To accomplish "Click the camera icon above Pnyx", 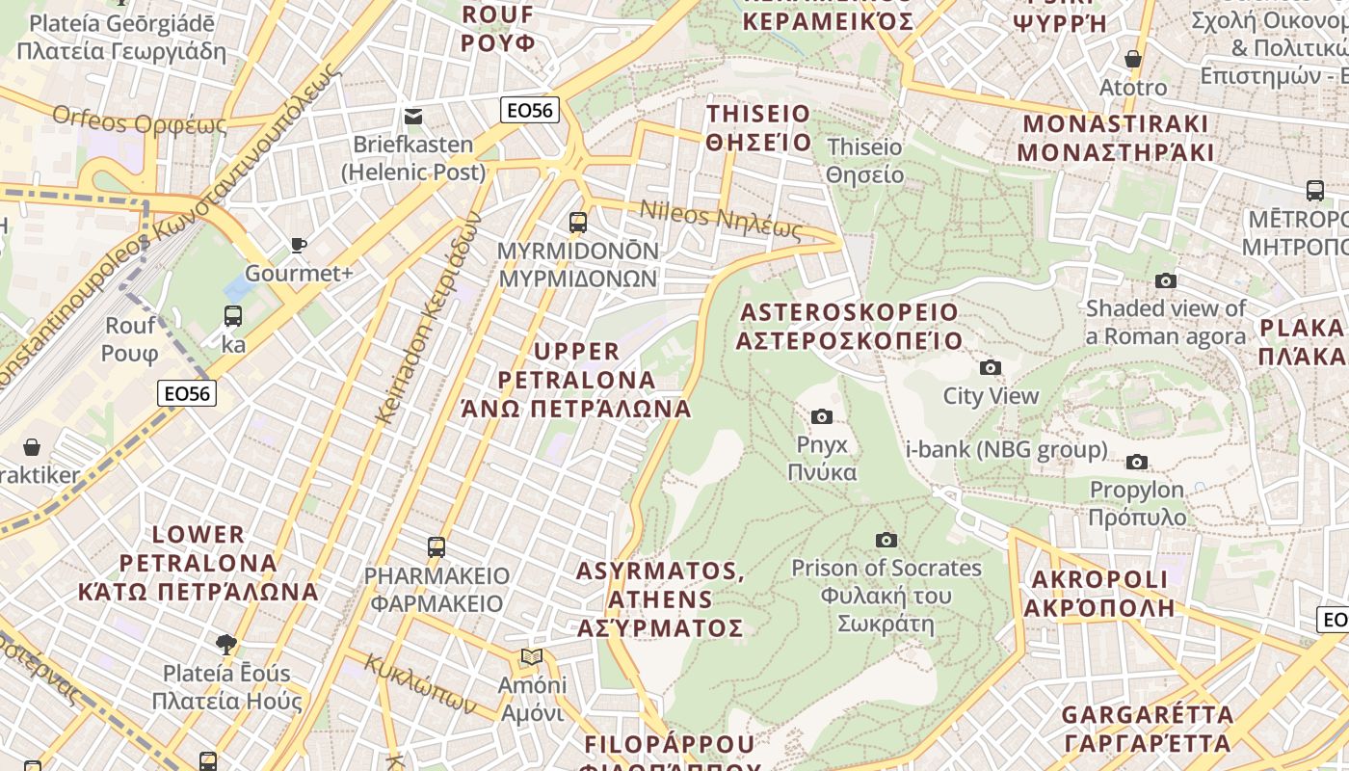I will point(822,416).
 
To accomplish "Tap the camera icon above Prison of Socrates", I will point(886,540).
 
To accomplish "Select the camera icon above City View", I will point(990,367).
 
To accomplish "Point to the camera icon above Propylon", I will point(1137,462).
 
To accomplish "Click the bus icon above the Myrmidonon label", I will point(578,223).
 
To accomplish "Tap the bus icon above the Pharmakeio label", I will point(436,547).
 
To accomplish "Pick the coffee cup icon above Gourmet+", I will point(299,245).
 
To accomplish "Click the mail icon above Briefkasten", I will point(413,117).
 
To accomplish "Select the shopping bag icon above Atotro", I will point(1133,59).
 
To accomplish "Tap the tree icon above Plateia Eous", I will point(226,643).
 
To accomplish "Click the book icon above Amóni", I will point(531,657).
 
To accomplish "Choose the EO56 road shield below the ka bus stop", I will point(187,393).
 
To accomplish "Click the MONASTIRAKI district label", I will point(1115,138).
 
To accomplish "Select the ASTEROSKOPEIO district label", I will point(849,326).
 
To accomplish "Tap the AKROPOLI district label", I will point(1099,593).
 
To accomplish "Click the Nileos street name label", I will point(721,219).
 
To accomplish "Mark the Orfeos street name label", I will point(140,122).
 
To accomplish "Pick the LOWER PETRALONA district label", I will point(198,563).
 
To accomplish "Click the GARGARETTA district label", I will point(1147,729).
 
